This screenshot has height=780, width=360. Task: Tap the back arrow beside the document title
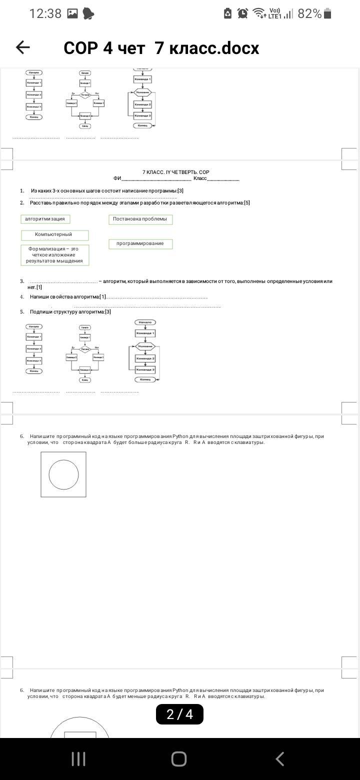point(23,47)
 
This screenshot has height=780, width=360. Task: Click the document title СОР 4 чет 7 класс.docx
point(161,48)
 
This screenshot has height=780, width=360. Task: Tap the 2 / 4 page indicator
point(179,714)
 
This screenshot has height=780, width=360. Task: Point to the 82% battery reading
point(309,13)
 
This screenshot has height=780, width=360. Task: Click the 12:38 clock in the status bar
point(45,13)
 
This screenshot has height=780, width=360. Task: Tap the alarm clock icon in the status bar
point(243,13)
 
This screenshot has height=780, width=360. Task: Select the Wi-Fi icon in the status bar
point(259,13)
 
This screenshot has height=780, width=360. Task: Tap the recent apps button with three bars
point(78,758)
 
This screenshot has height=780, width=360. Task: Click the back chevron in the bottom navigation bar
point(280,758)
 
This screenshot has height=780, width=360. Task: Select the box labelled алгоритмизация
point(45,219)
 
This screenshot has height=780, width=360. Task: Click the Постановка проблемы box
point(140,219)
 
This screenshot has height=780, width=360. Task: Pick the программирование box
point(140,243)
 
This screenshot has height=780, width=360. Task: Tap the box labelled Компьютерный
point(54,235)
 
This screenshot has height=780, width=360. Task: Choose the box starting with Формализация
point(54,254)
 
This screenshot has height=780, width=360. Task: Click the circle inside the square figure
point(63,474)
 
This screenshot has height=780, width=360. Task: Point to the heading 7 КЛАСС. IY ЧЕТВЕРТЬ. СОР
point(175,172)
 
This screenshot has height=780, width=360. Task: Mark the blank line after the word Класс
point(223,179)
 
